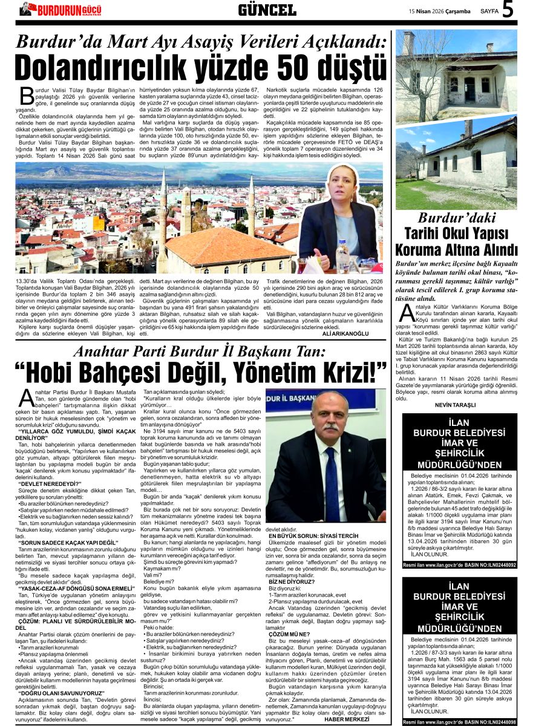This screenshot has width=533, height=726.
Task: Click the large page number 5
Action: (508, 10)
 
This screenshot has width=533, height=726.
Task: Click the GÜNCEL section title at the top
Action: (267, 10)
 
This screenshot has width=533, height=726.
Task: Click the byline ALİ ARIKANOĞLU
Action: (345, 333)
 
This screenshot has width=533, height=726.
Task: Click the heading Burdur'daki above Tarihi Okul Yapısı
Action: (457, 218)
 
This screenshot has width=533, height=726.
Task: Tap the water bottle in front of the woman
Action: (343, 257)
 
